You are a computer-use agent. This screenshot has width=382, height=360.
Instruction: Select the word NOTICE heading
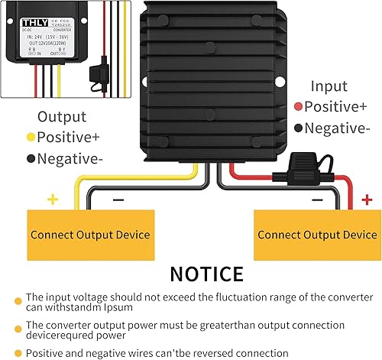[x=206, y=274]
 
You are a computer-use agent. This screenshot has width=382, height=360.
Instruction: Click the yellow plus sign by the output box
[x=53, y=199]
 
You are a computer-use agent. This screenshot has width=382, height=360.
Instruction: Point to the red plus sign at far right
[x=367, y=199]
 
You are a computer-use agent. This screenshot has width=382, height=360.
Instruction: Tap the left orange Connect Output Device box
[x=90, y=235]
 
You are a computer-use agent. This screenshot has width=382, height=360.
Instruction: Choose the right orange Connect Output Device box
[x=316, y=235]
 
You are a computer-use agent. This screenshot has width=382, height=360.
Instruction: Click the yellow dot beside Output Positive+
[x=31, y=138]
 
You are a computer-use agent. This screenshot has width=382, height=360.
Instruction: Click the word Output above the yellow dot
[x=63, y=117]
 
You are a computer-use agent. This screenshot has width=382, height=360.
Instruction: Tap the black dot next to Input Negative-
[x=297, y=128]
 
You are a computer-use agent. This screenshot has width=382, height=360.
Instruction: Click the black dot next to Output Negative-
[x=31, y=159]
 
